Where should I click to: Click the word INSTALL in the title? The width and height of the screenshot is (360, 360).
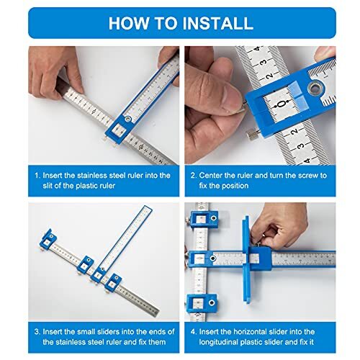[210, 22]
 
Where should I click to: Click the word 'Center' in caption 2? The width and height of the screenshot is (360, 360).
[218, 175]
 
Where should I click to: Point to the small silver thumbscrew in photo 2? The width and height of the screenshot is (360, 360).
[253, 134]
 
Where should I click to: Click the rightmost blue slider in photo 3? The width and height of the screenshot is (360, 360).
[113, 282]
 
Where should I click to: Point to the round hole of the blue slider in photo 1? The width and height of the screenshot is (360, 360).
[127, 118]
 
